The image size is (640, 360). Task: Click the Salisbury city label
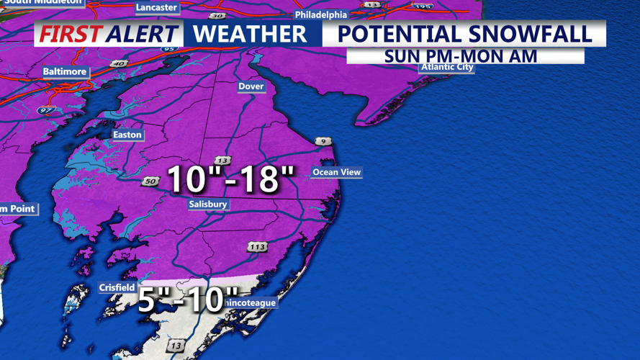point(208,204)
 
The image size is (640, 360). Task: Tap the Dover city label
point(251,86)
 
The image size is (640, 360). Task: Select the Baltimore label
point(65,72)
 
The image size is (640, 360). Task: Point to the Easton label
point(127,135)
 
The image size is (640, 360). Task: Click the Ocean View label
point(336,172)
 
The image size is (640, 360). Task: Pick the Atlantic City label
point(447,67)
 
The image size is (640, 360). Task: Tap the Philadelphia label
point(321,15)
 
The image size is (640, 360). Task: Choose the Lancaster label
point(156,7)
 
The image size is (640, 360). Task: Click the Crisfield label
point(117,288)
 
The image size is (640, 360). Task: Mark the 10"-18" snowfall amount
point(230,179)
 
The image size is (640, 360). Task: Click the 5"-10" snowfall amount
point(188,299)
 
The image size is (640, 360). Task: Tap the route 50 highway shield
point(150,181)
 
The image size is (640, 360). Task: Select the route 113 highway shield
point(257,247)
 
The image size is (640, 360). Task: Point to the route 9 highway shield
point(323,141)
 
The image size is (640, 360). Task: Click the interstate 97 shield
point(45,111)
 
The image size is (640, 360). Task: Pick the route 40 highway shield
point(119,63)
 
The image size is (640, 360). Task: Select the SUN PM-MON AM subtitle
point(461,56)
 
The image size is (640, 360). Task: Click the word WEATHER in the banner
point(250,34)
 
